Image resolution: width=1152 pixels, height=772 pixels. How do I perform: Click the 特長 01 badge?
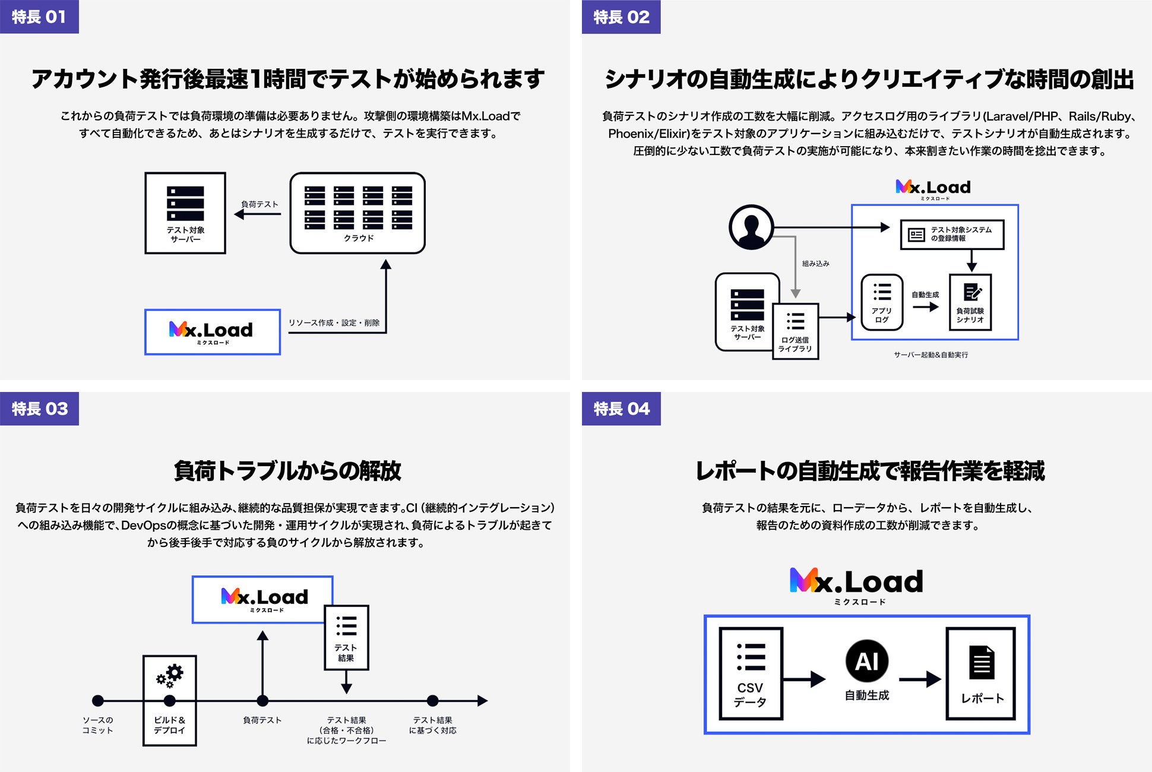(39, 17)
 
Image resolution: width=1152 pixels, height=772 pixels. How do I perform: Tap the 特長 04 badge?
(621, 409)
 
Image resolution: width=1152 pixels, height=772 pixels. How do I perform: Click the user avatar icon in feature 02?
(751, 227)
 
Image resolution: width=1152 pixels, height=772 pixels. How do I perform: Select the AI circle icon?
(866, 661)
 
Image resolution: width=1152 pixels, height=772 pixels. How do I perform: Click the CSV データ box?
(751, 673)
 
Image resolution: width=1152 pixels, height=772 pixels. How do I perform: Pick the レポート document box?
(981, 673)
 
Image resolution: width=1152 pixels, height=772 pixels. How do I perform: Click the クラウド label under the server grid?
(359, 238)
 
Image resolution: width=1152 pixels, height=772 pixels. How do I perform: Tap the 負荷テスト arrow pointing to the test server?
(258, 214)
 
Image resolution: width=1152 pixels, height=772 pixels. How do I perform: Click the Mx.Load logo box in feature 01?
(213, 332)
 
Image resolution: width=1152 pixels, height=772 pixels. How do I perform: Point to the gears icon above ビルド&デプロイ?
(170, 675)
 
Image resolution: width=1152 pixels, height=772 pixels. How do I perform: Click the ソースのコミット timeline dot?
(98, 701)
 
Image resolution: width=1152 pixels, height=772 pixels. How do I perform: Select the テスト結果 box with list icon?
(346, 638)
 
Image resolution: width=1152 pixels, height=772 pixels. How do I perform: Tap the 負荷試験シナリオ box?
(970, 302)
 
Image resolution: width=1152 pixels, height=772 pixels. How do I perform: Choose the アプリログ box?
(882, 302)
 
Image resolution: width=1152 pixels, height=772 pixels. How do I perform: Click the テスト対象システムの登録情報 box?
(952, 234)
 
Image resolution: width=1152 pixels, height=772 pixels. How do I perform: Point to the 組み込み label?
(815, 263)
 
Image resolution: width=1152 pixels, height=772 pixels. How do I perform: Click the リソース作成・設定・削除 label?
(334, 322)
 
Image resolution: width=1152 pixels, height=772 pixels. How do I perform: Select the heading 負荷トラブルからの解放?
(287, 471)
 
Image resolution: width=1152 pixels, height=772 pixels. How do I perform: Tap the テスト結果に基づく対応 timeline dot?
(432, 701)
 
